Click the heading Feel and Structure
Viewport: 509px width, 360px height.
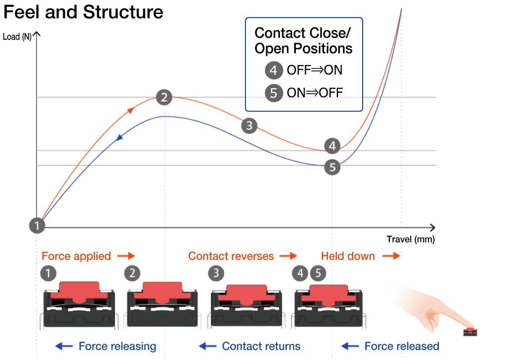coord(83,12)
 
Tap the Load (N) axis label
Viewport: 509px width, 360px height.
coord(17,37)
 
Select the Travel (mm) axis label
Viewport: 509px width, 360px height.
coord(410,239)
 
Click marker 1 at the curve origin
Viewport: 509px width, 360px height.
coord(37,225)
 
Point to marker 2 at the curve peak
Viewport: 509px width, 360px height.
coord(164,97)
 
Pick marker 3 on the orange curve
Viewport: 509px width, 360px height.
coord(249,125)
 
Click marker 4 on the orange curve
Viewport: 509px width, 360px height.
coord(333,146)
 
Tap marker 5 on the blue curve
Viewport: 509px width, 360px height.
coord(333,167)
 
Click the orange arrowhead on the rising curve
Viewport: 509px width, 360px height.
coord(131,110)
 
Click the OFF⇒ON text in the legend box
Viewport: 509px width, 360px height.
coord(314,70)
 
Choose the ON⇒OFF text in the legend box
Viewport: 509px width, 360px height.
coord(314,93)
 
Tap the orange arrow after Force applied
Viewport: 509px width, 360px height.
coord(126,256)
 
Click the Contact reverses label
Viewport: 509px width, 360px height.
coord(231,256)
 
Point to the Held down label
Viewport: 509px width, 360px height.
coord(348,256)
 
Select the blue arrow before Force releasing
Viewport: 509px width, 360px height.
coord(64,346)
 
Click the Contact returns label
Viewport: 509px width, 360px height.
coord(261,346)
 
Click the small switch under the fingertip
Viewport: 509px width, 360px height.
coord(470,330)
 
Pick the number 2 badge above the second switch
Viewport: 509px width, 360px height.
coord(132,273)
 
